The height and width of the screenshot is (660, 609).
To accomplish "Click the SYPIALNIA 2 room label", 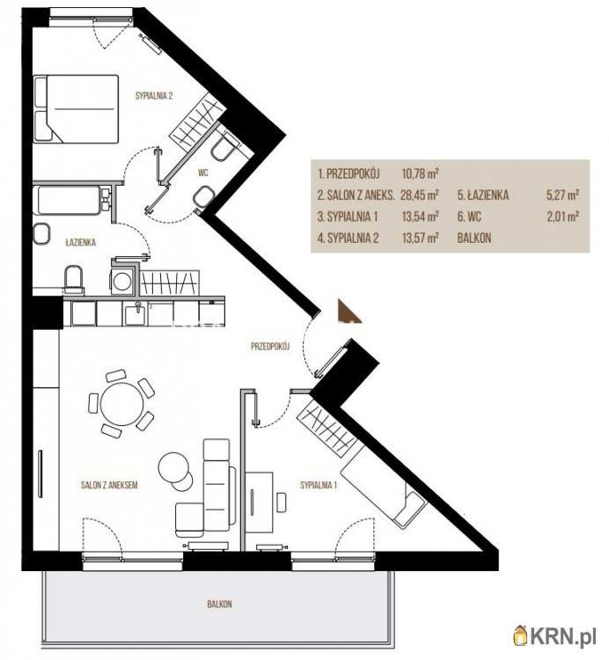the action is click(154, 96).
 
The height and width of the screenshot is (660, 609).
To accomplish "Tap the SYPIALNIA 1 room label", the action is click(319, 485).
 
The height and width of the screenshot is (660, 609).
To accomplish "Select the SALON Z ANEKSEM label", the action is click(109, 485).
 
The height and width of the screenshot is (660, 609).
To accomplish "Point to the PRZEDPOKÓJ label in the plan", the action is click(270, 347).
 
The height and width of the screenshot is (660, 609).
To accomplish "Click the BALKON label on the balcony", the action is click(219, 604).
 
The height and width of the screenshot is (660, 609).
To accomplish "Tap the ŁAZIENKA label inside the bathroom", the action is click(80, 243).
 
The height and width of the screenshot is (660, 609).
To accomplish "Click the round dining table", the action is click(122, 404).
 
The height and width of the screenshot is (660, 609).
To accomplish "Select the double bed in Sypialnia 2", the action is click(77, 108).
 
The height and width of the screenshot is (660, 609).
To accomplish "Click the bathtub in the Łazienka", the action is click(70, 201).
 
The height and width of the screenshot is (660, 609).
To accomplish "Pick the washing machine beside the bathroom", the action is click(122, 282).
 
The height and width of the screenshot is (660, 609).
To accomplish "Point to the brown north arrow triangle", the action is click(349, 312).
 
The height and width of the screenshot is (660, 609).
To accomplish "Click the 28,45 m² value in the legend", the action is click(421, 194).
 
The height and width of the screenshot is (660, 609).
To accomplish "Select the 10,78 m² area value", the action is click(421, 173).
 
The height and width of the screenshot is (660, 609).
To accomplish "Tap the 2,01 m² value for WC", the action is click(562, 216).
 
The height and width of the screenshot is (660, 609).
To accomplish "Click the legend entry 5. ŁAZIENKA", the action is click(483, 194).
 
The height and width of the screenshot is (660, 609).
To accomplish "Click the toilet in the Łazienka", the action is click(74, 279).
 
